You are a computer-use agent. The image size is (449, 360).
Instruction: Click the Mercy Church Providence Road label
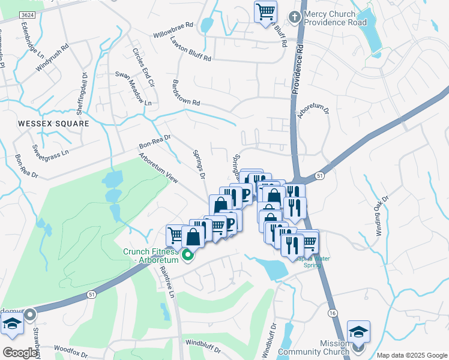pyautogui.click(x=334, y=17)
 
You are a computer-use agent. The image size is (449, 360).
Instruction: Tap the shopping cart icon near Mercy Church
pyautogui.click(x=265, y=11)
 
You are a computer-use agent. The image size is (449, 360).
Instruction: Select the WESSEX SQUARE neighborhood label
pyautogui.click(x=53, y=124)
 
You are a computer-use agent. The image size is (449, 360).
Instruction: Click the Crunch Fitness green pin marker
pyautogui.click(x=188, y=256)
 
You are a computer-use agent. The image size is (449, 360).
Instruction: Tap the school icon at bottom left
pyautogui.click(x=12, y=323)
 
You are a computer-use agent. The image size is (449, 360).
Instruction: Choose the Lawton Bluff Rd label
pyautogui.click(x=190, y=50)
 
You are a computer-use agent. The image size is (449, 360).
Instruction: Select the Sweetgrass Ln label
pyautogui.click(x=50, y=149)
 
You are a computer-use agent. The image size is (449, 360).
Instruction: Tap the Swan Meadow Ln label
pyautogui.click(x=133, y=88)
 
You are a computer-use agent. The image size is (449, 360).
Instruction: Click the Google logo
pyautogui.click(x=20, y=353)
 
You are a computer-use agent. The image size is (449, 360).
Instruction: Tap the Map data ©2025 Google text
pyautogui.click(x=411, y=355)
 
